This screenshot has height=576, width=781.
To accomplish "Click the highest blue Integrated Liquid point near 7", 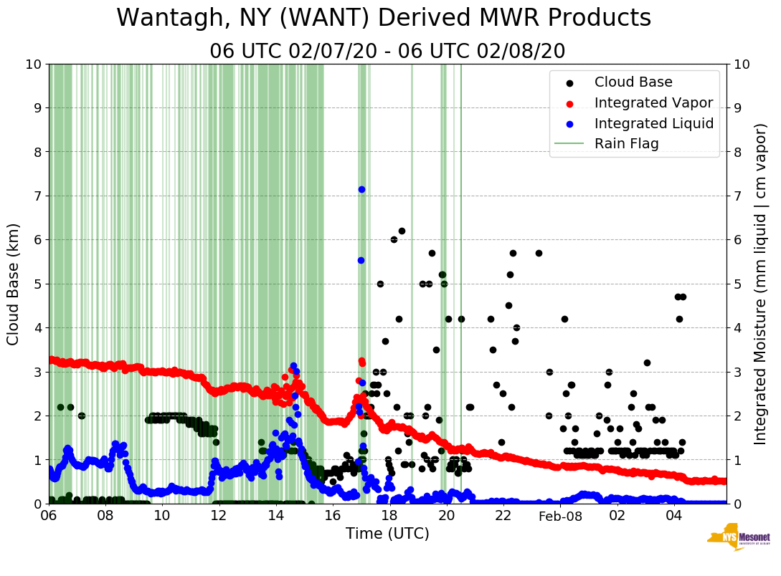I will (x=361, y=189).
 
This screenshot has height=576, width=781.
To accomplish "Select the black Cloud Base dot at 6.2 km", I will (x=402, y=231).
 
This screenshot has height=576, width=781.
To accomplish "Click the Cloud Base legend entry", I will (x=633, y=82).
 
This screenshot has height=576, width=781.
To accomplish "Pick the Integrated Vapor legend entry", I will (x=653, y=102).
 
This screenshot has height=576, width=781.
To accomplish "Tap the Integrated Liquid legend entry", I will (x=654, y=123).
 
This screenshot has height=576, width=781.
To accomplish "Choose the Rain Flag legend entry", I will (x=626, y=143).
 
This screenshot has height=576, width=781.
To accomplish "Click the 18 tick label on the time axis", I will (x=389, y=516).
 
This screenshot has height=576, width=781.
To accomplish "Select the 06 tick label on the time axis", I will (x=49, y=516).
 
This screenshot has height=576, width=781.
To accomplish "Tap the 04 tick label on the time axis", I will (x=673, y=516).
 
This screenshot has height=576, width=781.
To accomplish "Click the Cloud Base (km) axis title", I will (x=14, y=284).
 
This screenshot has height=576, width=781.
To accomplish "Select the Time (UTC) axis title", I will (x=387, y=534).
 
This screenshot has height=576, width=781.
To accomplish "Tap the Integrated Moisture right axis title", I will (x=761, y=284).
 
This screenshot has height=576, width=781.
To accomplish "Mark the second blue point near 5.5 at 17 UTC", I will (x=361, y=260).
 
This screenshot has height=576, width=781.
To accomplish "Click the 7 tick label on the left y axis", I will (x=37, y=196).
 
